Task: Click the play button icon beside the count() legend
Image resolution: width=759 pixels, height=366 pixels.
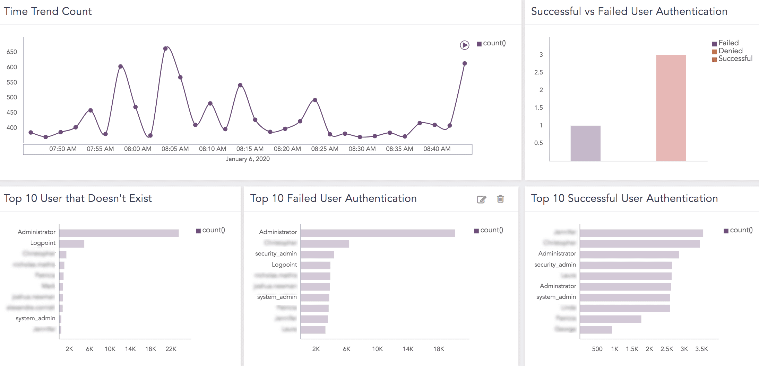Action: (x=464, y=45)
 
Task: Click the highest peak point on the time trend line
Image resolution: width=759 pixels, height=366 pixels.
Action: (x=165, y=48)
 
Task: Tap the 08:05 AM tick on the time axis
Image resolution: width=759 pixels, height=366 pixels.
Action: (x=175, y=149)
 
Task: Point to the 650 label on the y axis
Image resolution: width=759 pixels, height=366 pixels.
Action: (x=12, y=52)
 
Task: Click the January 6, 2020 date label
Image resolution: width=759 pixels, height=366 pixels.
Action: (x=247, y=159)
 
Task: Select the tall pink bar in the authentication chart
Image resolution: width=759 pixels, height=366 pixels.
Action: (x=671, y=107)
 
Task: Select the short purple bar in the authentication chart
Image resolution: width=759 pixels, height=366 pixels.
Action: (x=585, y=143)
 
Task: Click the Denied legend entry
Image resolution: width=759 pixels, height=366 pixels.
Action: (x=730, y=51)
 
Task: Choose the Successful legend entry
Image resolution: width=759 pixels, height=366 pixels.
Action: (x=735, y=59)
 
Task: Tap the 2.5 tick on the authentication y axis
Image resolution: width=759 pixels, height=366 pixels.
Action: (x=538, y=72)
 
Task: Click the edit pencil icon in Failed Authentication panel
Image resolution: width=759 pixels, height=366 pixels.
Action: (x=481, y=199)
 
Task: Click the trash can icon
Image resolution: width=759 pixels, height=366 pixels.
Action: (x=500, y=199)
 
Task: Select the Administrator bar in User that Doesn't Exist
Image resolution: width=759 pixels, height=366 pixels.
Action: (x=119, y=233)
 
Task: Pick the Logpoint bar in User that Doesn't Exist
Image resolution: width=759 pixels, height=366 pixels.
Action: (x=72, y=244)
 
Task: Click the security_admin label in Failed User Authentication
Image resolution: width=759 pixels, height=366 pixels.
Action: (x=276, y=254)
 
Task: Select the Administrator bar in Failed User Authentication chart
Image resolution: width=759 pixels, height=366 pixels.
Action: (x=377, y=233)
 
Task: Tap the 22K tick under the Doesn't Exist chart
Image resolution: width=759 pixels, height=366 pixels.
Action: (x=171, y=349)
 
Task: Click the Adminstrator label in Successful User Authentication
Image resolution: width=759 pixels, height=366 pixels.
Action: (x=558, y=286)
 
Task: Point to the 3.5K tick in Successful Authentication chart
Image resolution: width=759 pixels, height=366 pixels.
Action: (x=701, y=349)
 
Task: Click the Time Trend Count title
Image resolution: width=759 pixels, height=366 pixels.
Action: (x=48, y=11)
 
